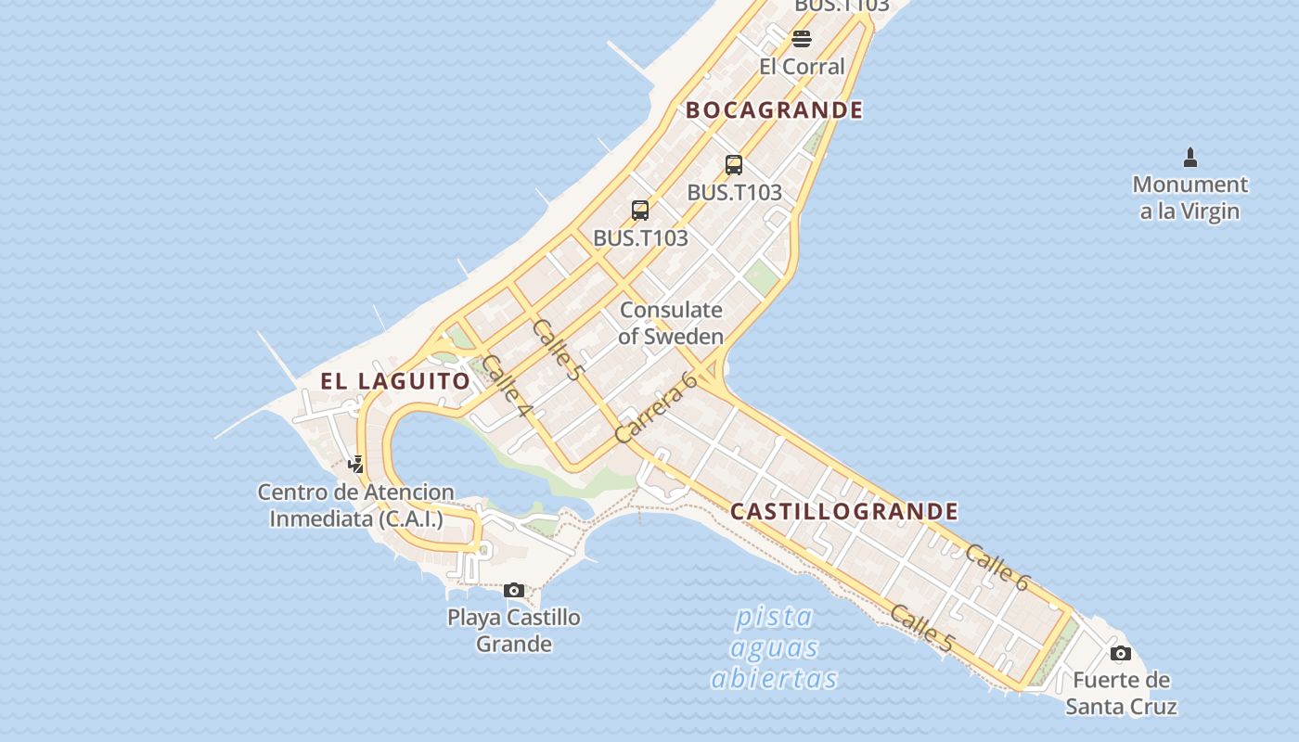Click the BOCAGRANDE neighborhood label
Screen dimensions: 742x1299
[774, 110]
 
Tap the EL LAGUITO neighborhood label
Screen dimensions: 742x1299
[395, 380]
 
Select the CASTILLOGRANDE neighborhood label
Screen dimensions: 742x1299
[844, 511]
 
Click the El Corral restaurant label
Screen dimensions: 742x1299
[802, 67]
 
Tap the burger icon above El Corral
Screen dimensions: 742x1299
[802, 39]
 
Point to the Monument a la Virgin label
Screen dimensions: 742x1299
[1190, 198]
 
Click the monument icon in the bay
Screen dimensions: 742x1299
[1190, 158]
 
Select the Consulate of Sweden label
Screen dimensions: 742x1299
[671, 323]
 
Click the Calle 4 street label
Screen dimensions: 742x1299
[506, 386]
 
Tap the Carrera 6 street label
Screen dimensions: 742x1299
[656, 408]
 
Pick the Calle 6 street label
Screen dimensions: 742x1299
[997, 568]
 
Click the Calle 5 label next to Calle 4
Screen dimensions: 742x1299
[558, 350]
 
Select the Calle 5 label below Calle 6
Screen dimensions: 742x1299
[922, 628]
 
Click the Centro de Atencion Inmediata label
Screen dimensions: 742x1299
[356, 505]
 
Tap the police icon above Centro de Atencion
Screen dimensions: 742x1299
[355, 464]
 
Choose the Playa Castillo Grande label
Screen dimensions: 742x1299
[514, 631]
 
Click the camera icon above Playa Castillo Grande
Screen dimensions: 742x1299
[514, 590]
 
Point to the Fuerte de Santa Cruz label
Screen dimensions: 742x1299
[1121, 693]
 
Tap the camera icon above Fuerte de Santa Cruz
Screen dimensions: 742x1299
[1121, 654]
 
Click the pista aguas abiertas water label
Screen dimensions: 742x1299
[774, 647]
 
